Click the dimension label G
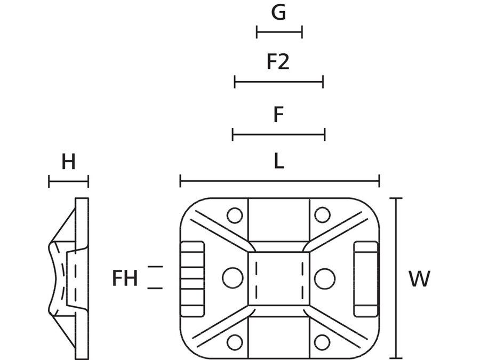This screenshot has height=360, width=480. click(x=278, y=12)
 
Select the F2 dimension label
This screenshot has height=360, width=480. click(x=278, y=62)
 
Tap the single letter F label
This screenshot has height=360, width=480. click(x=278, y=114)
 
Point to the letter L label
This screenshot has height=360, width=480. click(x=279, y=162)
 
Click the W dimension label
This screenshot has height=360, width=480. click(x=419, y=279)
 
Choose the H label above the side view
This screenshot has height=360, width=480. click(x=68, y=162)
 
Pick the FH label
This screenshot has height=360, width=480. click(x=125, y=278)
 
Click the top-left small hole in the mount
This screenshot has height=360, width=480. click(x=234, y=215)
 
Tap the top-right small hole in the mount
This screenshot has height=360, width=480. click(x=322, y=215)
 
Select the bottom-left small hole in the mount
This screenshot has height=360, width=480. click(x=234, y=341)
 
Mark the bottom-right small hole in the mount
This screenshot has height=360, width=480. click(x=322, y=341)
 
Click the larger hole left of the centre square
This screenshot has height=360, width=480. click(x=233, y=278)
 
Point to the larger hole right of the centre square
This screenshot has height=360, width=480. click(x=324, y=278)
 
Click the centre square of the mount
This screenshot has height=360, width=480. click(x=278, y=278)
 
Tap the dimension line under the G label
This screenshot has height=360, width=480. click(x=279, y=32)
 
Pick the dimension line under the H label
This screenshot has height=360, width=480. click(x=68, y=182)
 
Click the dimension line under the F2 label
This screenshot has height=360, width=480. click(x=279, y=82)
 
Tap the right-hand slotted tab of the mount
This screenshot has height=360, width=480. click(x=366, y=278)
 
